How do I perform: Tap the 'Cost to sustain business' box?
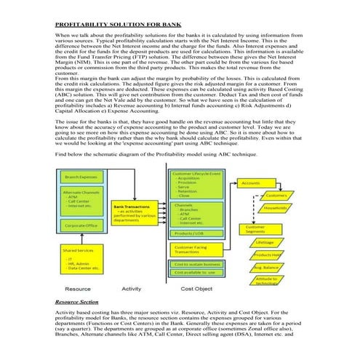pos(196,263)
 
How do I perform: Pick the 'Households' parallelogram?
pos(275,209)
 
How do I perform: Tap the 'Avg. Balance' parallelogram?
pos(267,267)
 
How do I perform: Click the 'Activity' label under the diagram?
pos(132,289)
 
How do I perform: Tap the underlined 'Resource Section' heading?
pos(76,300)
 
